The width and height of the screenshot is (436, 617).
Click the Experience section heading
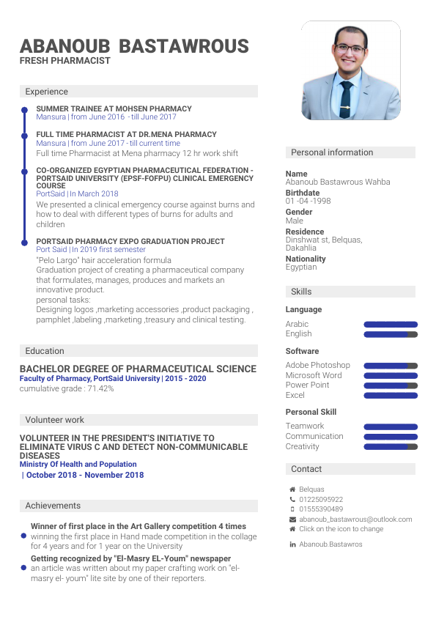[x=46, y=92]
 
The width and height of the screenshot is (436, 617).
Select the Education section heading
[x=45, y=351]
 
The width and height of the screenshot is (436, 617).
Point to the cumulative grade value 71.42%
[x=100, y=388]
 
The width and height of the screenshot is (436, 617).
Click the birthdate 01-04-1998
[x=308, y=201]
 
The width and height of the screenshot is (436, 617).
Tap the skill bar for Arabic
[x=391, y=324]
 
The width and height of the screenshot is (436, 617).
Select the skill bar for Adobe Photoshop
[x=391, y=365]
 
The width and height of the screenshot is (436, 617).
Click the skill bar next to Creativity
[x=391, y=446]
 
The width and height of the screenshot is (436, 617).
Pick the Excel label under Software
[x=295, y=395]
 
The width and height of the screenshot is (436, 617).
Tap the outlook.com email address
[x=355, y=519]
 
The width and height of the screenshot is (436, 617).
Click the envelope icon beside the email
[x=292, y=519]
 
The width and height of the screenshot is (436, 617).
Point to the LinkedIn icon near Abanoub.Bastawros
[x=292, y=544]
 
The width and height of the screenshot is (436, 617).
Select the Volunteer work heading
[x=54, y=420]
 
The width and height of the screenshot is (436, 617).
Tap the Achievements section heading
[x=53, y=506]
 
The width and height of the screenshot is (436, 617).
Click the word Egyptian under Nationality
[x=301, y=267]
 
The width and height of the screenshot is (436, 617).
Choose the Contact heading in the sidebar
[x=306, y=469]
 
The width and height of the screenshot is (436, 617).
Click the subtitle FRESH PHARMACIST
[x=65, y=61]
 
